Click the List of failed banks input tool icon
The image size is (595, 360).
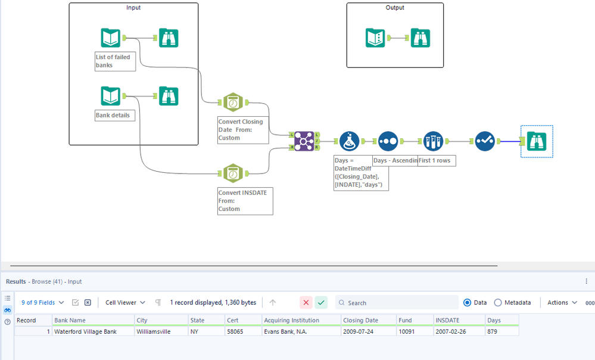111,38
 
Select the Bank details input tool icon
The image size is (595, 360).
111,97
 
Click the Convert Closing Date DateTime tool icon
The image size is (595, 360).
232,103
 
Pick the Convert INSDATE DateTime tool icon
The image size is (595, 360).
232,173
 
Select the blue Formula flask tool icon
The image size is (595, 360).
350,141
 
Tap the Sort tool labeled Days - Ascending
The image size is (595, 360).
388,141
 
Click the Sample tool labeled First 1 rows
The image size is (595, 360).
434,141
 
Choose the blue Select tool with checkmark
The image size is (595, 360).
485,141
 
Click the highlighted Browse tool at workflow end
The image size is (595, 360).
537,141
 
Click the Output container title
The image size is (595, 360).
395,8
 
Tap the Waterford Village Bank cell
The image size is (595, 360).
86,331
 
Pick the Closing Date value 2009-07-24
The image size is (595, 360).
358,331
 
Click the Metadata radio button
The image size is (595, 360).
498,303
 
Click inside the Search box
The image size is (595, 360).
399,303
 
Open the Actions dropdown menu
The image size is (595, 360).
562,303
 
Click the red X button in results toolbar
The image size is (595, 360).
306,303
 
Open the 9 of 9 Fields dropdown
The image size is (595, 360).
43,303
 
